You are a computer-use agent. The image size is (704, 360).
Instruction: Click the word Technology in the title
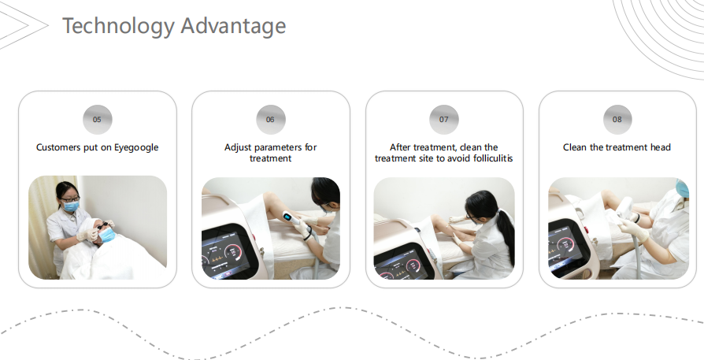click(118, 26)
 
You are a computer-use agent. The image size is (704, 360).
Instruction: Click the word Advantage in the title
click(233, 26)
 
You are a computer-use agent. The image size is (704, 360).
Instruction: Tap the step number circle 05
click(98, 120)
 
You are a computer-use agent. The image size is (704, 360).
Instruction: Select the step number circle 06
click(271, 120)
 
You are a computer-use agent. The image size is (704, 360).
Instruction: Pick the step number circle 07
click(443, 120)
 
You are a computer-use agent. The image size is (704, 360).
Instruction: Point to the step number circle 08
click(617, 120)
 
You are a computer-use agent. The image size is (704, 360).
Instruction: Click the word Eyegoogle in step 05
click(136, 147)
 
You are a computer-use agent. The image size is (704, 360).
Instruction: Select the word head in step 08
click(660, 147)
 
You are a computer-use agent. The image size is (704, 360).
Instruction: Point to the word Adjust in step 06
click(238, 147)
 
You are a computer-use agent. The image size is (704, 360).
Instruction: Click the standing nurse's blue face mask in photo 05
click(71, 206)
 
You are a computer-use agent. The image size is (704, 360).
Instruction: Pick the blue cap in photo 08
click(683, 187)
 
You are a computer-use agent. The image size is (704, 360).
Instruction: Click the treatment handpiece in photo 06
click(293, 222)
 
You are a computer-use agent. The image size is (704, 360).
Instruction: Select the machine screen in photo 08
click(567, 246)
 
